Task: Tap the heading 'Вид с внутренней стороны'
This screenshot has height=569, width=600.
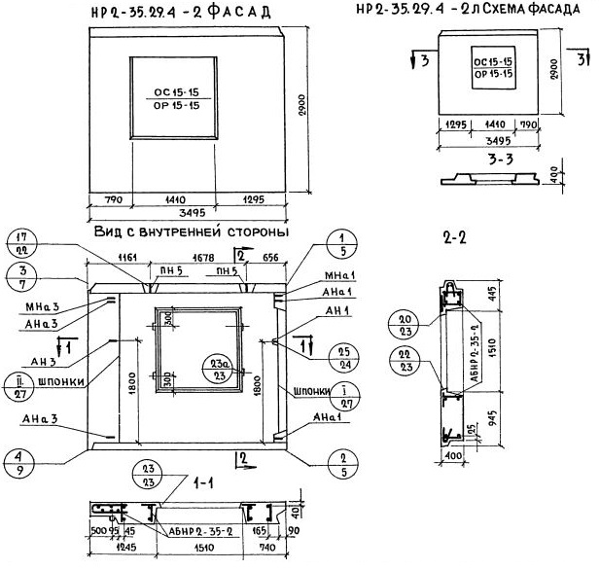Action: click(x=179, y=234)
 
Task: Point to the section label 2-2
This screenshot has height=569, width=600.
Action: click(x=454, y=236)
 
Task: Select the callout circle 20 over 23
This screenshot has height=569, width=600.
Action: click(x=401, y=324)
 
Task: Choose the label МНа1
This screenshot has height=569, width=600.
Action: click(x=333, y=277)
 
